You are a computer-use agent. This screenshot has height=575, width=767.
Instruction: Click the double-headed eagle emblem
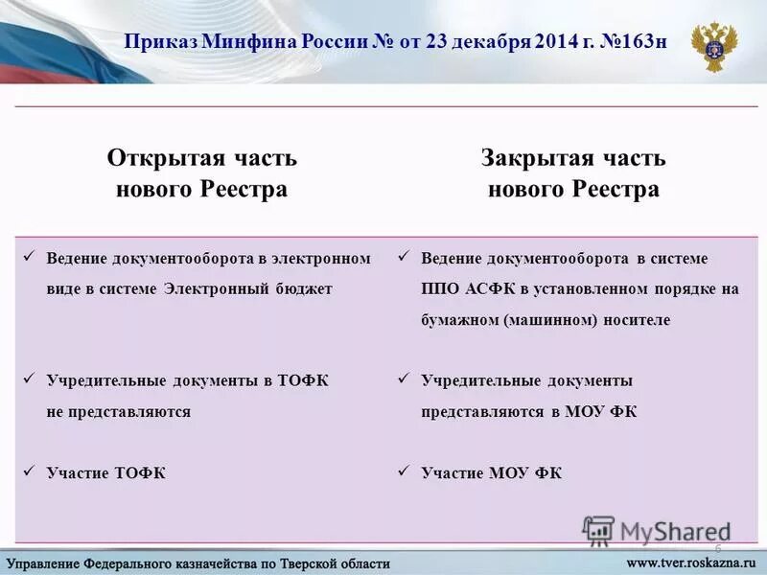715,45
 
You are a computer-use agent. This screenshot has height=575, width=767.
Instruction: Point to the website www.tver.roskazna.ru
691,563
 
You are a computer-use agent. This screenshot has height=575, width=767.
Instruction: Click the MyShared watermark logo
656,530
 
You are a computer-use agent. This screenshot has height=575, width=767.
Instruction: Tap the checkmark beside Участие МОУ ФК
404,471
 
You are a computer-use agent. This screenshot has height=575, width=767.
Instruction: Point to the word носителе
638,320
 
